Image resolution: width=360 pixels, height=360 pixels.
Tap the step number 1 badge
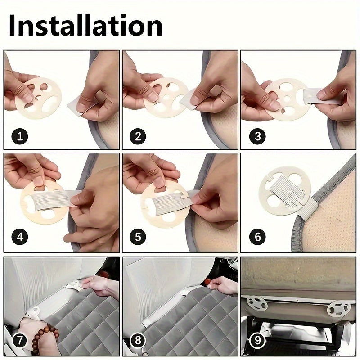[18, 136]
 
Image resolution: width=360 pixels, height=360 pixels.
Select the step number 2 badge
[138, 136]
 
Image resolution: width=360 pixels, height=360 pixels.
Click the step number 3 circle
[257, 136]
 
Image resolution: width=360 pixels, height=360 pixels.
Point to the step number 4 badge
[18, 237]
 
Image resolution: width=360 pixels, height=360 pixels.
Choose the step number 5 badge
[138, 237]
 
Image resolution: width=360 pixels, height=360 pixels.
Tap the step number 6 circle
[257, 237]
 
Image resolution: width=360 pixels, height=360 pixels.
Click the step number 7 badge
[18, 340]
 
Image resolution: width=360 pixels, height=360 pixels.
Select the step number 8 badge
[138, 340]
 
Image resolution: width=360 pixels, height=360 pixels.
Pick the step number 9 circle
[257, 340]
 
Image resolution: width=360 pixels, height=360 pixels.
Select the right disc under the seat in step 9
[338, 308]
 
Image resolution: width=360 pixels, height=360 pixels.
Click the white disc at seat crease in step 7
[74, 284]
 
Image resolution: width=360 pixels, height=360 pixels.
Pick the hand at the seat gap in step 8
[223, 285]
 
